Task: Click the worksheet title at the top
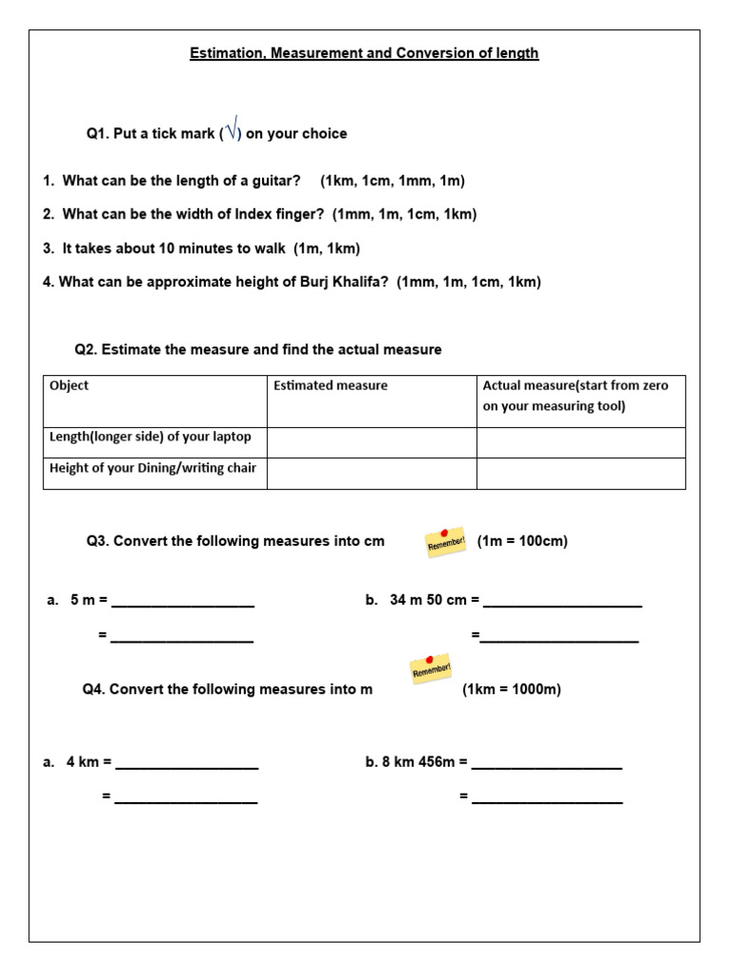[364, 53]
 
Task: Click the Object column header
[69, 385]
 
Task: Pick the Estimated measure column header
[330, 385]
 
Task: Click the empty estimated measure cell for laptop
[371, 442]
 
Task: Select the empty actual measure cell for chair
[581, 474]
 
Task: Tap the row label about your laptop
[150, 438]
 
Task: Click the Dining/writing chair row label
[153, 468]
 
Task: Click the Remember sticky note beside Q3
[444, 542]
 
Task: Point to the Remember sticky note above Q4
[430, 669]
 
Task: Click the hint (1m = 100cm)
[522, 541]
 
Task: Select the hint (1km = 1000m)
[512, 690]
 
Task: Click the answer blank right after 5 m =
[182, 601]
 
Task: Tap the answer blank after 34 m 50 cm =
[562, 601]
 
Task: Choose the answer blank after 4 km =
[186, 762]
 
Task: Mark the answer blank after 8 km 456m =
[547, 762]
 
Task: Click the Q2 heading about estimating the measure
[258, 349]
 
